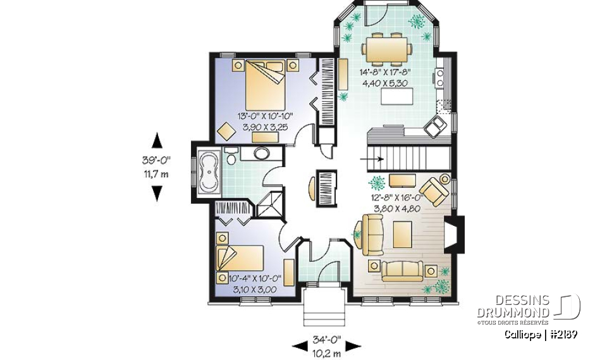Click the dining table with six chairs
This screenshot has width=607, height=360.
(x=388, y=49)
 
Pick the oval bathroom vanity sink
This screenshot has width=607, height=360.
(x=261, y=153)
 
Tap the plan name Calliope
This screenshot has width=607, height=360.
(x=524, y=334)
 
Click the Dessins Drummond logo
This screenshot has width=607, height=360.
(x=529, y=307)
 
